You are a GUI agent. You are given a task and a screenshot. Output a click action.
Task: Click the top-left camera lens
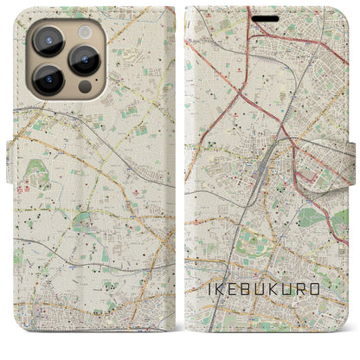click(48, 40)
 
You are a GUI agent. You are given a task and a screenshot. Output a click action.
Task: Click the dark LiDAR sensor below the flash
click(84, 87)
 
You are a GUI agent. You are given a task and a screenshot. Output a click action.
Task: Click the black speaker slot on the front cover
click(266, 18)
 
